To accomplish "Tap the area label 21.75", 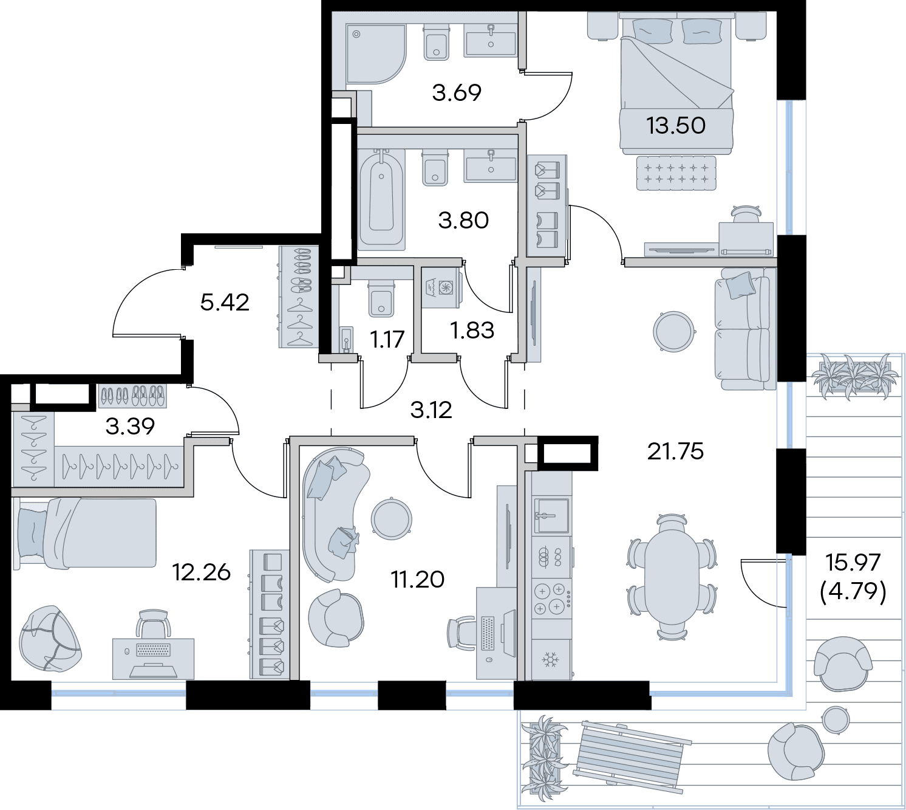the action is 675,451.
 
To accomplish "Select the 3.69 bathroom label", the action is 457,92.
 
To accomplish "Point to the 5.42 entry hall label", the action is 225,303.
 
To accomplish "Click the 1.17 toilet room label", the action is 387,339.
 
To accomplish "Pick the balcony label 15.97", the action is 853,563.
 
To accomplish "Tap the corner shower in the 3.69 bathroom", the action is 376,54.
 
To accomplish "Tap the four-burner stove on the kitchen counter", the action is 551,599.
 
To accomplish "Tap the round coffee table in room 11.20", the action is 391,520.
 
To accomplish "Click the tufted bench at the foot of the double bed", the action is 676,173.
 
